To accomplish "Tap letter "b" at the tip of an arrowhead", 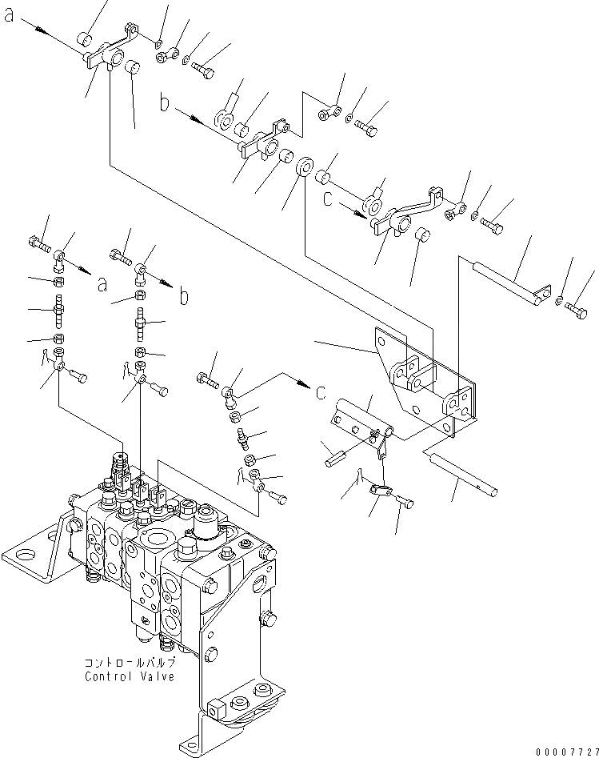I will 184,297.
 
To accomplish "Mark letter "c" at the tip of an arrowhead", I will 321,391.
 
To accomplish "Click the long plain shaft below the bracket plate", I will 463,471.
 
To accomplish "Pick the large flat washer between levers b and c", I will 305,169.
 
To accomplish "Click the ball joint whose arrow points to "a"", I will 61,258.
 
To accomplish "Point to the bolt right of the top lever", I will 203,70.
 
